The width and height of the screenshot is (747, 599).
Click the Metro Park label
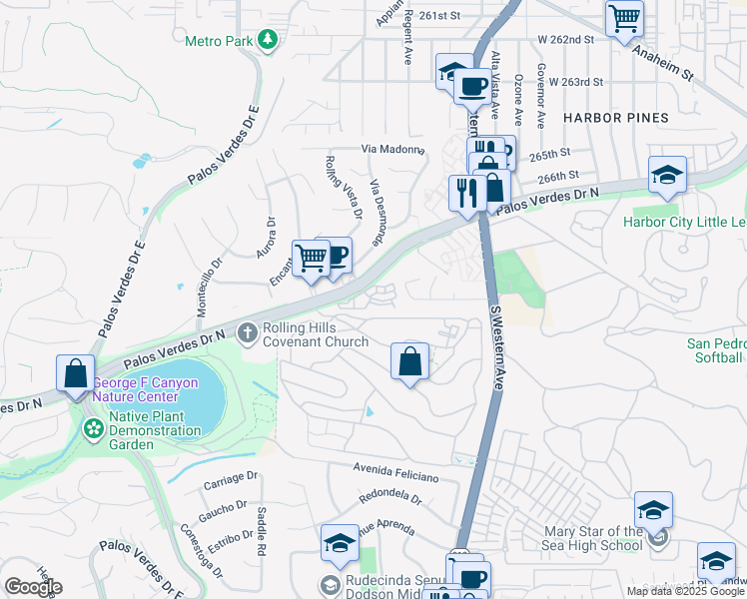(218, 41)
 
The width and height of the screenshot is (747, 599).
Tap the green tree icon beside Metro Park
(267, 40)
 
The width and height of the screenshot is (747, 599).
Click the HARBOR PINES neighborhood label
(615, 118)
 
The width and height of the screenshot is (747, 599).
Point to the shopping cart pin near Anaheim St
(624, 17)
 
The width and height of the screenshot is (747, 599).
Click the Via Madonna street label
(392, 149)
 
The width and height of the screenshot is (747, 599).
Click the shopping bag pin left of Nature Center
(76, 374)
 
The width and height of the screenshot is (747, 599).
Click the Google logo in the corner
(33, 586)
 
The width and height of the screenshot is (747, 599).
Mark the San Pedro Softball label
(715, 350)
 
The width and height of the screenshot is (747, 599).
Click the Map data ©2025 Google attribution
(685, 591)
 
